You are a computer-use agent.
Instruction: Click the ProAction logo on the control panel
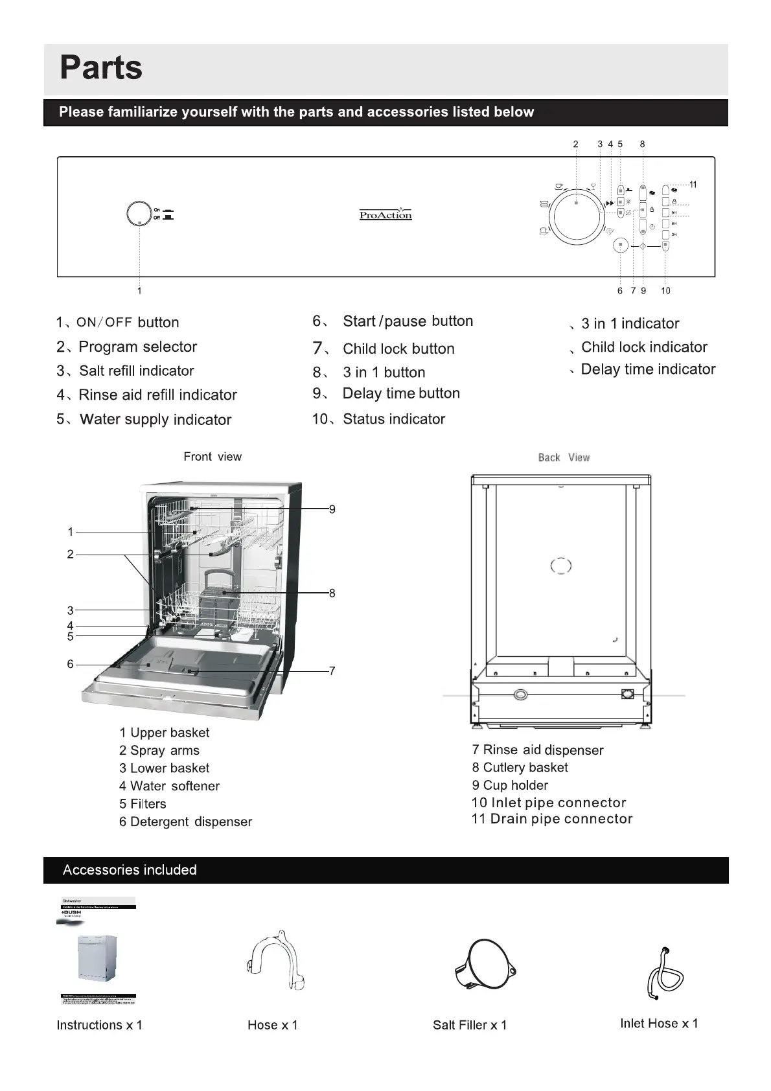tap(385, 214)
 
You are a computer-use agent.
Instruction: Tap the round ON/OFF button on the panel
tap(138, 214)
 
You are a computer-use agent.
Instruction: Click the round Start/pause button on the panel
tap(621, 246)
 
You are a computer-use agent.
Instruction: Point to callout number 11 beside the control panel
tap(693, 185)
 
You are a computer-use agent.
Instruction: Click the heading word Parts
tap(101, 67)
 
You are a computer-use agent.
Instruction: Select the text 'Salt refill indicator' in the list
tap(136, 371)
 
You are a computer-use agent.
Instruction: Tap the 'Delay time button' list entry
tap(401, 393)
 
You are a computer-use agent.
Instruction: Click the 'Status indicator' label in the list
tap(394, 419)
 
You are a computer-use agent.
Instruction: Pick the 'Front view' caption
tap(213, 457)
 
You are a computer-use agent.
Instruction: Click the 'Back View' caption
tap(564, 457)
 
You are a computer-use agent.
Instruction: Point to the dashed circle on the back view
tap(561, 566)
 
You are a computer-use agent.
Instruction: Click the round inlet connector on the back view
tap(520, 695)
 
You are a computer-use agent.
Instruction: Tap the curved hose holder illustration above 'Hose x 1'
tap(276, 963)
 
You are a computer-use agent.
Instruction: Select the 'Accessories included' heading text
tap(130, 870)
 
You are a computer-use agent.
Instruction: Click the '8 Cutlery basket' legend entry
tap(520, 768)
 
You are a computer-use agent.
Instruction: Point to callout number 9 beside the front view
tap(332, 509)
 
